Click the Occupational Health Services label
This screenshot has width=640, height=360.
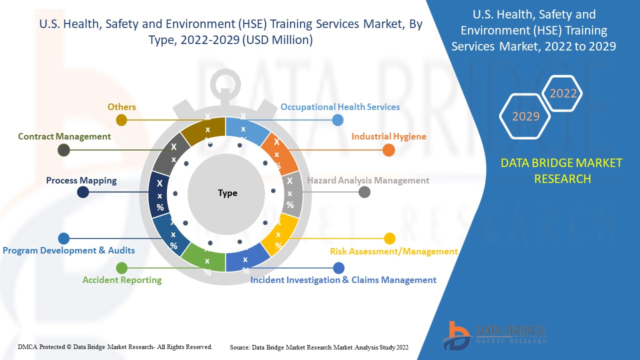(340, 107)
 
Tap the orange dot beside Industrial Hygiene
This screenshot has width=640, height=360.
(388, 150)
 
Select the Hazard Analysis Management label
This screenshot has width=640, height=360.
(368, 180)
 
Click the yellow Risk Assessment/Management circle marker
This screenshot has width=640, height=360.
(389, 238)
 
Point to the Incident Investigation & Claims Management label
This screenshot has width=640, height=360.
(343, 280)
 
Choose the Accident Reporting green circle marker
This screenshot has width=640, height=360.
(122, 268)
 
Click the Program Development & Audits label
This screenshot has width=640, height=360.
(69, 250)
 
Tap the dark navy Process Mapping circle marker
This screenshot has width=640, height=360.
(83, 192)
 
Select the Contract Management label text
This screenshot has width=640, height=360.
(64, 136)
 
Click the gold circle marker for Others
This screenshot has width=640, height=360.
(121, 120)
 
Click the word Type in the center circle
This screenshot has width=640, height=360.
(227, 193)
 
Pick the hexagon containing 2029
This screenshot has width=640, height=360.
(525, 116)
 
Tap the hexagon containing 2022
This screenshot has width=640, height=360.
(563, 93)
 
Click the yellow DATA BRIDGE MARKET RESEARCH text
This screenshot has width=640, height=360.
(562, 170)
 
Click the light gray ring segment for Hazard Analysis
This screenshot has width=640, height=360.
(291, 194)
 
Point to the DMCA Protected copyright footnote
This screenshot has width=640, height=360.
(115, 347)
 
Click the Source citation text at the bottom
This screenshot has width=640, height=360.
(319, 347)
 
